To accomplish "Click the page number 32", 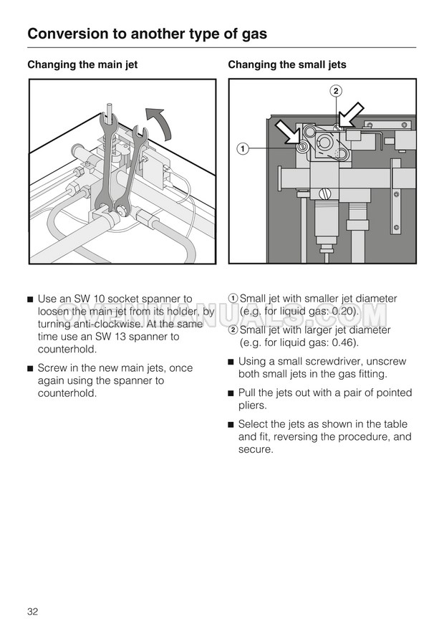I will [x=32, y=611].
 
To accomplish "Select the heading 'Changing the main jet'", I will [x=82, y=64].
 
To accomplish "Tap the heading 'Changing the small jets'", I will [x=286, y=64].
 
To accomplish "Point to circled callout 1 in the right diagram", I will [x=243, y=148].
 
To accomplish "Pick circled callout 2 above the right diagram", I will [x=336, y=90].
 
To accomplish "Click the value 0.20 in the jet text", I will [x=344, y=312].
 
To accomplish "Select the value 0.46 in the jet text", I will [x=344, y=343].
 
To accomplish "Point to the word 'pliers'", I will [x=253, y=405].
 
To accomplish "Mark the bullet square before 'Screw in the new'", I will [x=29, y=369].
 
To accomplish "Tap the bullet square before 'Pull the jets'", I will [x=231, y=393].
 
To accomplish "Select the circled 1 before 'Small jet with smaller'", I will [x=233, y=299].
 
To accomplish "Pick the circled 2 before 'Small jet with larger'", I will [x=233, y=330].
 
